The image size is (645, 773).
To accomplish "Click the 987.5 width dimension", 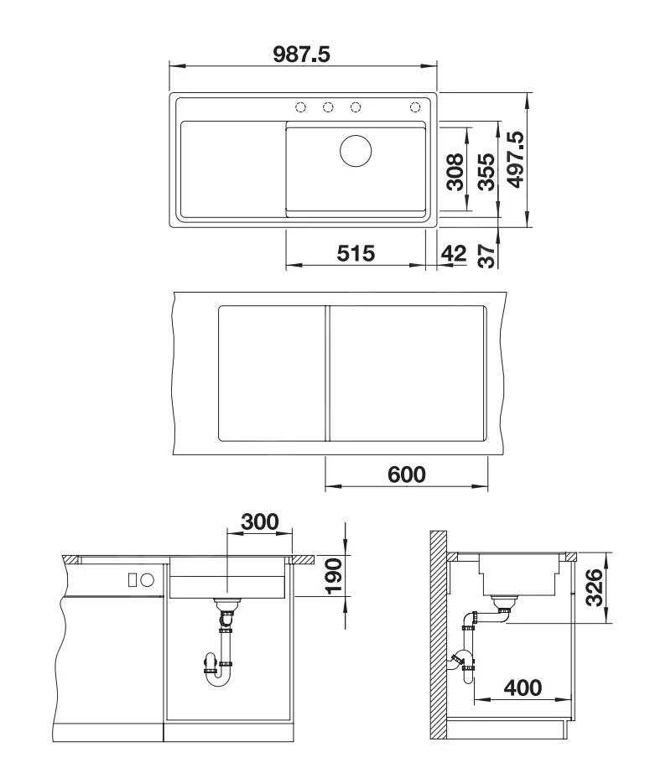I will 302,54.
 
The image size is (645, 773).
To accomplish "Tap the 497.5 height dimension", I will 516,160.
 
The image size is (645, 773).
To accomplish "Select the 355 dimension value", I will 484,172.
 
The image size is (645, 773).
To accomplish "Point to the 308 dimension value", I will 455,172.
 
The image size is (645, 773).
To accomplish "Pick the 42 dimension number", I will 453,254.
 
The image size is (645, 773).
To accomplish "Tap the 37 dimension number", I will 485,254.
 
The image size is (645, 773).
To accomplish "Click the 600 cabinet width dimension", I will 406,474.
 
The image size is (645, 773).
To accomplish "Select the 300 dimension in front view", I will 260,521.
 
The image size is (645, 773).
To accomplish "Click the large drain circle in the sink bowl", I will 356,151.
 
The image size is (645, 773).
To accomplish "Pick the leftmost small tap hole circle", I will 299,106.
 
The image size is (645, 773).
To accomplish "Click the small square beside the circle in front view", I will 132,579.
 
